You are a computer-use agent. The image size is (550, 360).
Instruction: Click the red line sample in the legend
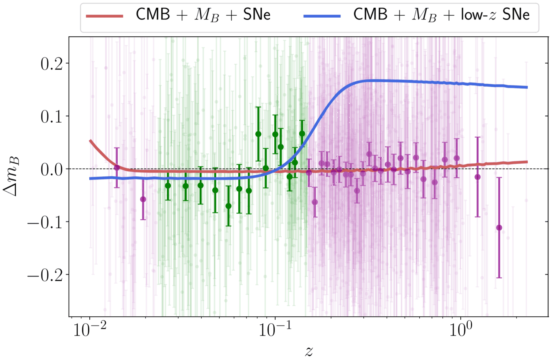[x=104, y=16]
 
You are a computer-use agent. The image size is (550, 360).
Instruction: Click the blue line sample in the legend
[x=322, y=16]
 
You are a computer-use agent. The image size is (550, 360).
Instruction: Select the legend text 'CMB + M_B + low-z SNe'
[x=441, y=15]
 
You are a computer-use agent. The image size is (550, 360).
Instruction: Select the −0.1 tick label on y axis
[x=45, y=222]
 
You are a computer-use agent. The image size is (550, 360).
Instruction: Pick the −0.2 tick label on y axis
[x=45, y=275]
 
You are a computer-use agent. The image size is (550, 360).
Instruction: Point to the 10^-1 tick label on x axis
[x=274, y=329]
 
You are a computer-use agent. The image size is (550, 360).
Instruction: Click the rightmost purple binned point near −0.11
[x=499, y=228]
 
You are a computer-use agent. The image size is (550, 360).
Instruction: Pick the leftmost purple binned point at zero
[x=117, y=168]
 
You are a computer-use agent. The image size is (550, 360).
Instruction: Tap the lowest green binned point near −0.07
[x=228, y=206]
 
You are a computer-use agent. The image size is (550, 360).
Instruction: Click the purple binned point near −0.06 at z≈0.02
[x=143, y=199]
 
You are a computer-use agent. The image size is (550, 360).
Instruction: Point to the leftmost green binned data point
[x=168, y=186]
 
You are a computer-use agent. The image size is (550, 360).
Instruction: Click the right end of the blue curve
[x=527, y=87]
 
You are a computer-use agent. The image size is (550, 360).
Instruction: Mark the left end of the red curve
[x=90, y=141]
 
